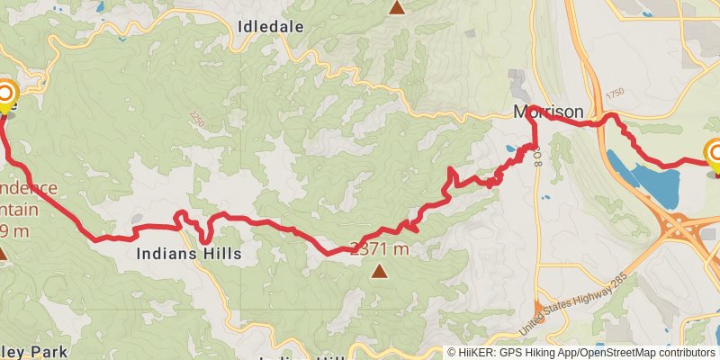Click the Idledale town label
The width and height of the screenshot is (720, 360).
click(271, 27)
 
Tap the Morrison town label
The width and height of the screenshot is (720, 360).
click(548, 112)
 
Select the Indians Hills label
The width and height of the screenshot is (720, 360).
click(189, 255)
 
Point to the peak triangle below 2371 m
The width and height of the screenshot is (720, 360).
click(380, 270)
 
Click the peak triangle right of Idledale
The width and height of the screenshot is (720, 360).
click(397, 8)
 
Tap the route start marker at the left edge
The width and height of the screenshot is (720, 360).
click(6, 94)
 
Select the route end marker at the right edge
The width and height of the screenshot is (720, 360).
click(716, 155)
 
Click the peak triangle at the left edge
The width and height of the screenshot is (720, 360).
click(3, 255)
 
